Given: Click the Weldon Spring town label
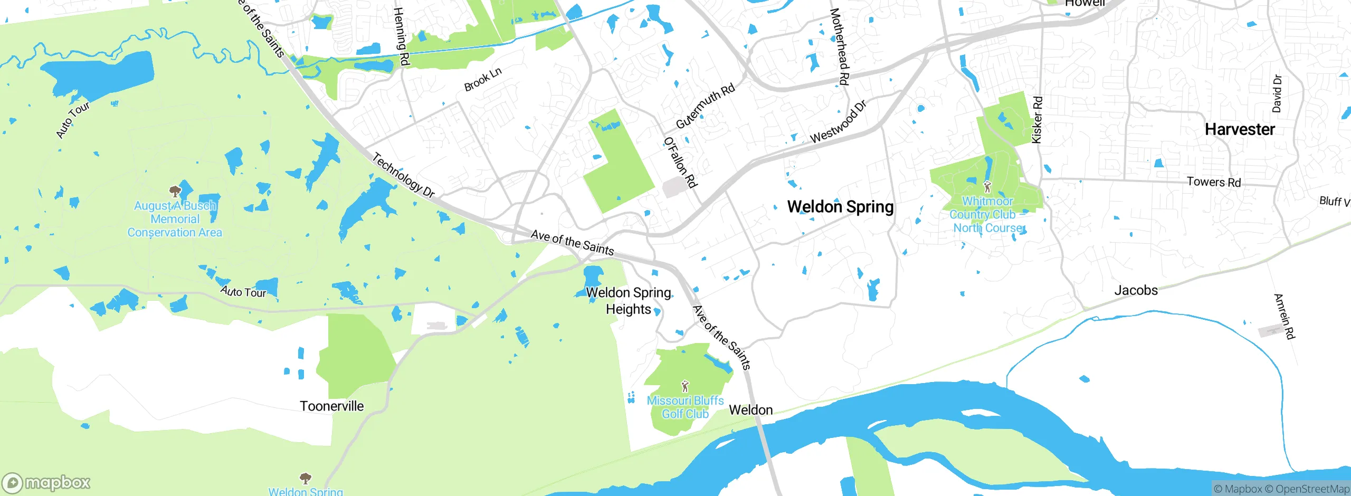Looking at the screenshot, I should coord(840,207).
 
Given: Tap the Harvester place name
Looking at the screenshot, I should coord(1240,130).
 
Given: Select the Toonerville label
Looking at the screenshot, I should coord(331,406).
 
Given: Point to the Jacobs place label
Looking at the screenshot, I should coord(1136,290).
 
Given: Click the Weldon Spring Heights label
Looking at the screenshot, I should coord(628,301).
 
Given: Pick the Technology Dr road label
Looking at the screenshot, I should coord(404,175).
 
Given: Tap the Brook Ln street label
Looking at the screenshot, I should coord(482,80).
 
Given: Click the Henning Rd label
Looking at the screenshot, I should coord(402,36).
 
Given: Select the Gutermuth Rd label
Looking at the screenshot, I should coord(705,106).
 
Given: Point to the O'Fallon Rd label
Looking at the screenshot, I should coord(681,162).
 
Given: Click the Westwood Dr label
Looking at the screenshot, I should coord(838,122).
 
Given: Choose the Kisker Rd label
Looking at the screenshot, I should coord(1037,120).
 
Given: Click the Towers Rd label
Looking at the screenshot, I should coord(1213,182).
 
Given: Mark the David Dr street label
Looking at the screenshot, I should coord(1276,94).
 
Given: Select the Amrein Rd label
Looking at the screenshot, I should coord(1285,316).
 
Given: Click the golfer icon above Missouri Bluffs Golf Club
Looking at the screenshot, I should coord(685,386).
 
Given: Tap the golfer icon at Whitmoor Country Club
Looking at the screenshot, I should coord(987,187).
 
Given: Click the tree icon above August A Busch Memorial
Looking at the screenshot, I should coord(175,191).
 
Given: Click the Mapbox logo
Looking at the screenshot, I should coord(46,482).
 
